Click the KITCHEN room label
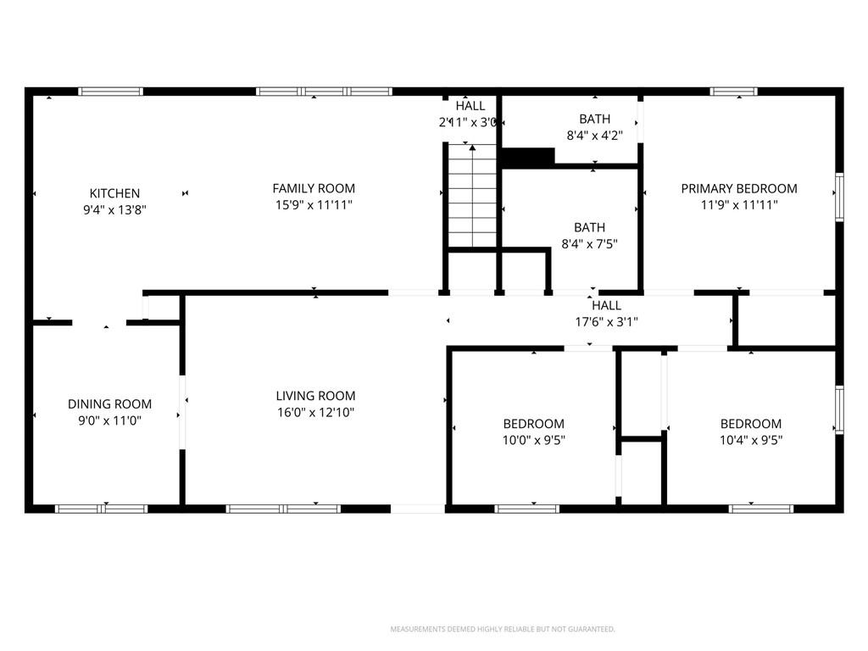pos(114,193)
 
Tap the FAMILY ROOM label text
pos(314,188)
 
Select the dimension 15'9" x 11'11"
pos(314,205)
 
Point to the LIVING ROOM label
pos(315,396)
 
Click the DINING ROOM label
pos(109,404)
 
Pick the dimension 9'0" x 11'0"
pos(109,420)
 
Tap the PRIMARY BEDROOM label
pos(739,188)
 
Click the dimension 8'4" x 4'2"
pos(594,135)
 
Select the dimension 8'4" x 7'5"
pos(590,243)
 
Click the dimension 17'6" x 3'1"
pos(607,321)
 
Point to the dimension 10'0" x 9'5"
pos(534,440)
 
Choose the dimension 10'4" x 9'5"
pos(751,440)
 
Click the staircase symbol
pos(472,196)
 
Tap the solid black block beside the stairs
pos(527,157)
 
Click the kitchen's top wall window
pos(111,92)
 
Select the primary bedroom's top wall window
pos(734,92)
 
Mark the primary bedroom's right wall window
pos(839,197)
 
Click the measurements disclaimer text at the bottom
pos(503,629)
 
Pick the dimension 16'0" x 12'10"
pos(315,413)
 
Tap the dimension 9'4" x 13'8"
pos(114,210)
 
